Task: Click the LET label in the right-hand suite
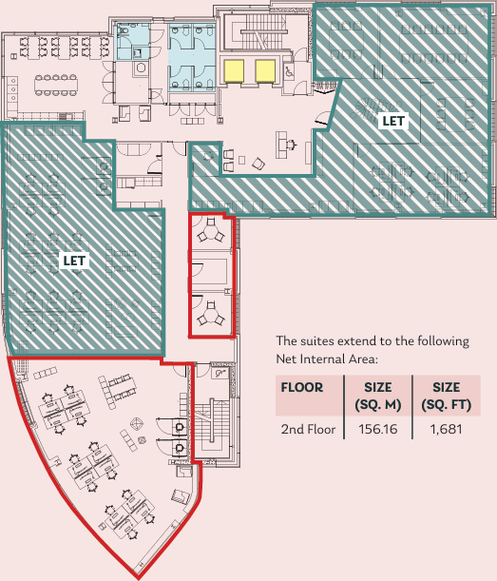[x=392, y=121]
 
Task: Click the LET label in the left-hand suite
[x=73, y=259]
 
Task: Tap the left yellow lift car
[x=233, y=69]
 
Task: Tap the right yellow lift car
[x=265, y=69]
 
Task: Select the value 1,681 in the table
[x=446, y=430]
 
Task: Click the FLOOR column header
[x=301, y=388]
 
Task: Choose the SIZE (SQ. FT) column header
[x=446, y=396]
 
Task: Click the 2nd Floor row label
[x=309, y=430]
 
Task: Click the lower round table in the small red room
[x=210, y=311]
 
